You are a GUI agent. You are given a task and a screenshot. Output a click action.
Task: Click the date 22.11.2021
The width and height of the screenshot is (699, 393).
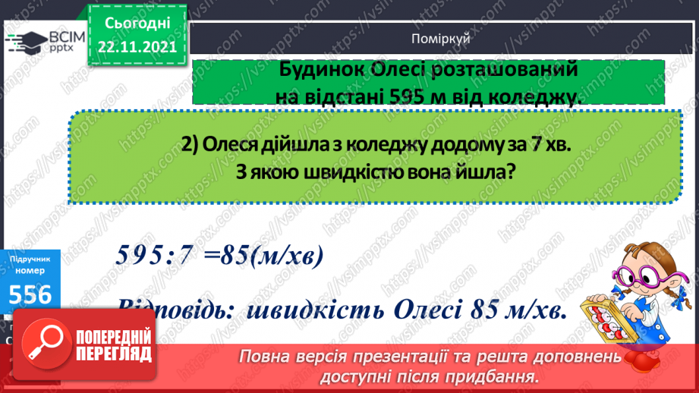click(x=137, y=46)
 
